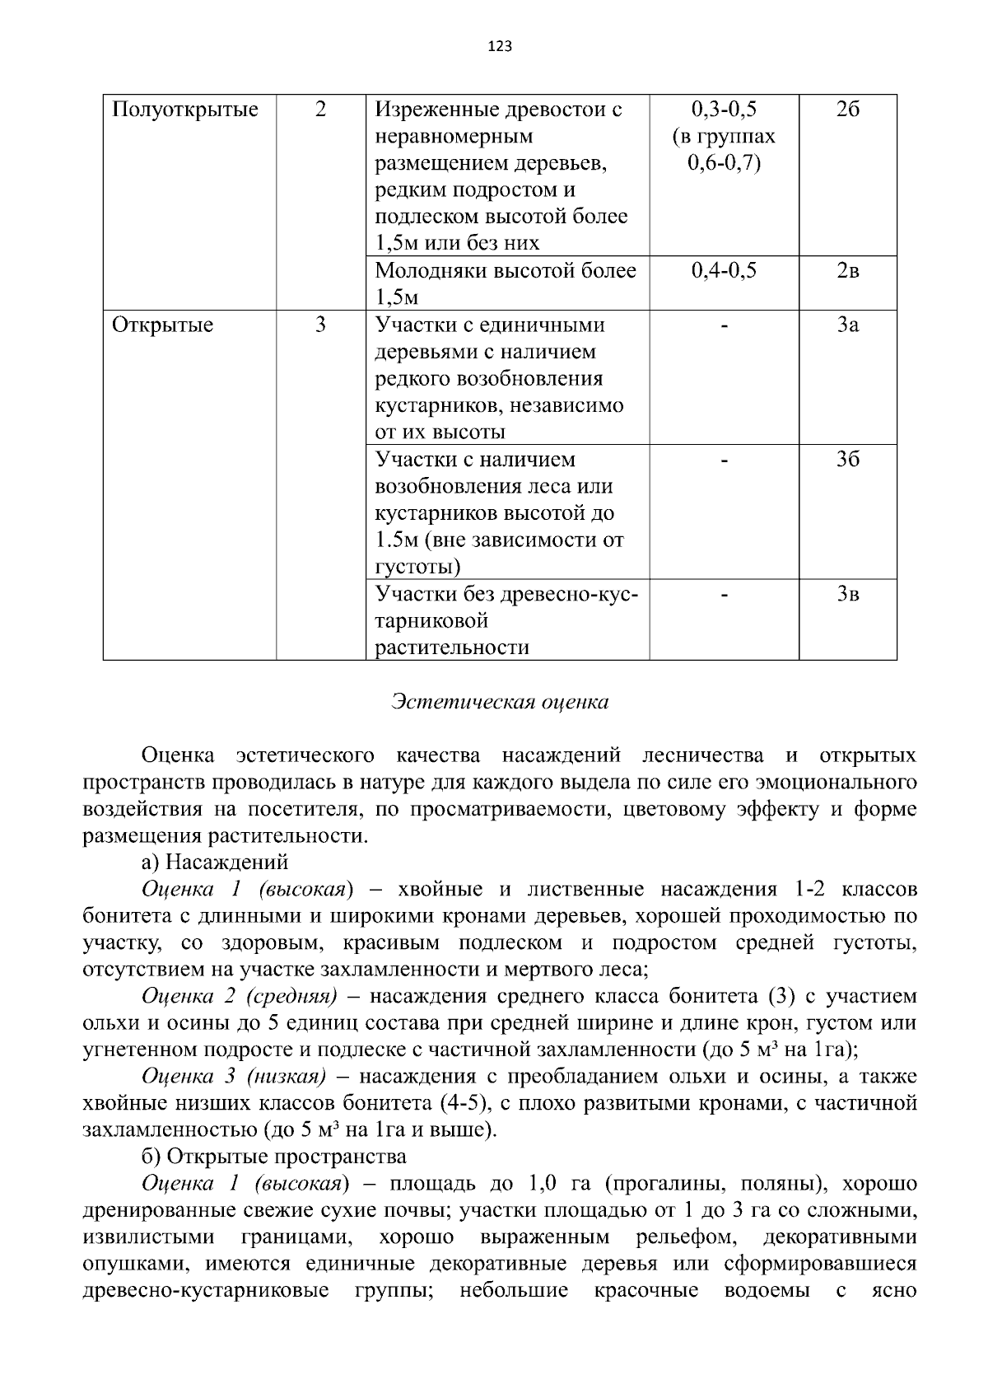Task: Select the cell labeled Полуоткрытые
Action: (x=185, y=110)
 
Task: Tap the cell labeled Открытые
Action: (x=162, y=325)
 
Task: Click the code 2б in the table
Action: (x=847, y=110)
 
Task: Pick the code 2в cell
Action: (x=847, y=271)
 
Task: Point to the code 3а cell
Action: (x=847, y=325)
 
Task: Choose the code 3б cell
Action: (x=847, y=460)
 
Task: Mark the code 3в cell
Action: (x=847, y=594)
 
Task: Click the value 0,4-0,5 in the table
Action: (x=724, y=271)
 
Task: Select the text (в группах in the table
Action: (x=724, y=137)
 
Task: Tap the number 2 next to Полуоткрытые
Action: (x=320, y=110)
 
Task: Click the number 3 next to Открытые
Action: (x=320, y=325)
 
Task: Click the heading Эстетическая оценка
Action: (x=500, y=702)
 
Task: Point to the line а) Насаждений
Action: (x=215, y=863)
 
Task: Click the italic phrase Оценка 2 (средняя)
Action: (x=240, y=997)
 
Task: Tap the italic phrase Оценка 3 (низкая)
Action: (x=234, y=1077)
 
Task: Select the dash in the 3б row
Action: (x=724, y=461)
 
